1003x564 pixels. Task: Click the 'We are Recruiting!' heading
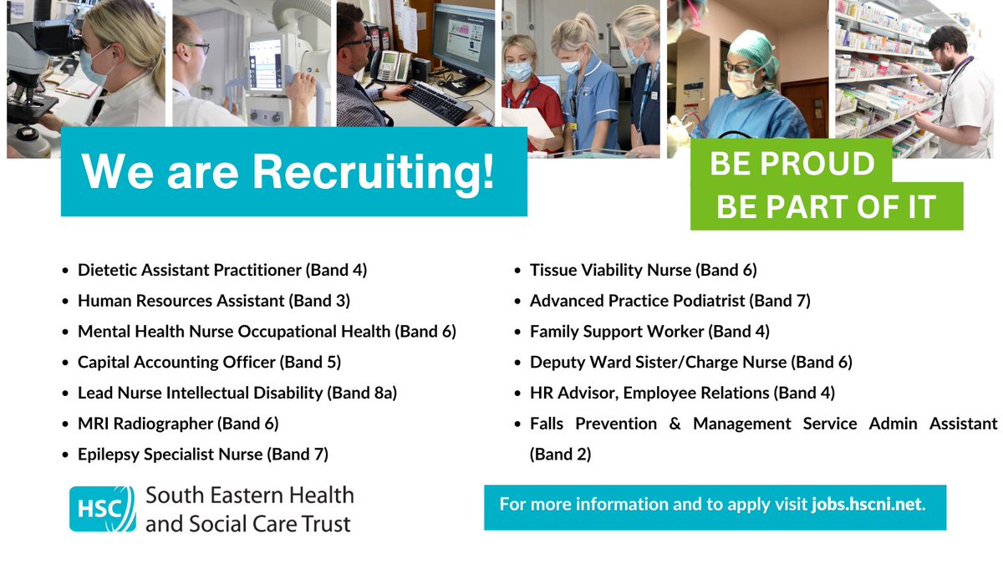click(288, 171)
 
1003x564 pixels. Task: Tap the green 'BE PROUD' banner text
click(791, 164)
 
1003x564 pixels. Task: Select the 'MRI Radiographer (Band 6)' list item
click(178, 424)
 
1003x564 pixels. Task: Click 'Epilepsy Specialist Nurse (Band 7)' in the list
click(203, 455)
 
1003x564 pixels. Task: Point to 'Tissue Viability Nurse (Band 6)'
click(643, 270)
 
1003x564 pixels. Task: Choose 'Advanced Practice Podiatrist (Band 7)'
click(670, 301)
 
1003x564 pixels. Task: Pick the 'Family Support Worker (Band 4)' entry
click(649, 332)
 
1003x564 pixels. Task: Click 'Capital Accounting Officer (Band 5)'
click(209, 363)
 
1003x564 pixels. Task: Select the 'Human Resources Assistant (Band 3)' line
click(213, 301)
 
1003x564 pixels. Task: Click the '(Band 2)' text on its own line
click(560, 455)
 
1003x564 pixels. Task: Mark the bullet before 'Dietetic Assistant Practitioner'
click(66, 271)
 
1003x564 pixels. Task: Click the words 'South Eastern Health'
click(249, 495)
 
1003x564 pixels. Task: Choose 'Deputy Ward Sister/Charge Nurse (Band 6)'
click(690, 363)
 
